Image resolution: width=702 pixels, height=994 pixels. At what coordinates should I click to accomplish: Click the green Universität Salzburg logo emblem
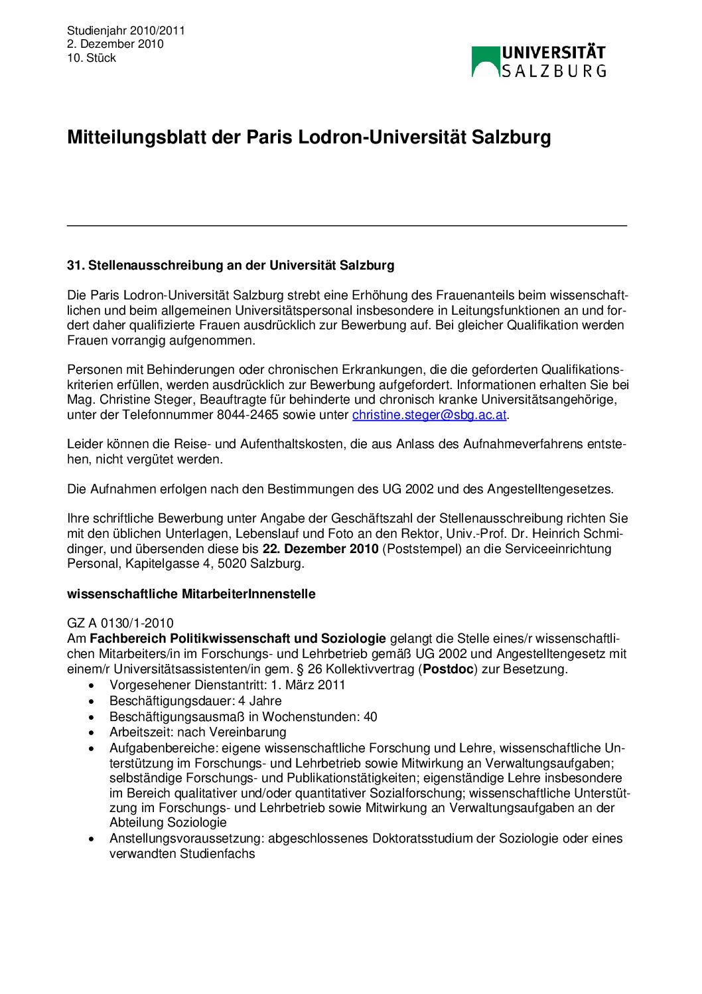pos(485,62)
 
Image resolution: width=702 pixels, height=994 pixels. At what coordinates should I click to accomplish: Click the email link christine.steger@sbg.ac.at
pos(429,415)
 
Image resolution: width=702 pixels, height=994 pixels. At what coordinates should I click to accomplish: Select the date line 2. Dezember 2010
pos(115,44)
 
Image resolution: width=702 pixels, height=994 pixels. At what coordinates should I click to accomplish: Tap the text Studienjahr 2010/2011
pos(125,31)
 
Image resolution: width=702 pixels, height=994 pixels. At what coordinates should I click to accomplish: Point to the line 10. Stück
pos(91,58)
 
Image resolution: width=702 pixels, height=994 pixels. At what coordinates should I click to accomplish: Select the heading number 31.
pos(75,266)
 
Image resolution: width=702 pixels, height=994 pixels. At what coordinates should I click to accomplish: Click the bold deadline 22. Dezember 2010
pos(320,549)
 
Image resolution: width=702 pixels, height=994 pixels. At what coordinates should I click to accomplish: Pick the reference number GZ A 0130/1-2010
pos(120,623)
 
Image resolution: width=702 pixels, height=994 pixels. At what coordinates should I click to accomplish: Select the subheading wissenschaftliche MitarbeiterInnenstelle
pos(191,594)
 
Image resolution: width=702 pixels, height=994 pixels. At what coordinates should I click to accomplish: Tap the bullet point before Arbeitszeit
pos(92,733)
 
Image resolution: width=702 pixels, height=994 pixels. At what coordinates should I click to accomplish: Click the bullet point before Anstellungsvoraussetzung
pos(92,839)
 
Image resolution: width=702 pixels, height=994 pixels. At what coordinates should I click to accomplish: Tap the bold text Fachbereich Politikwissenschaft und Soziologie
pos(238,639)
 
